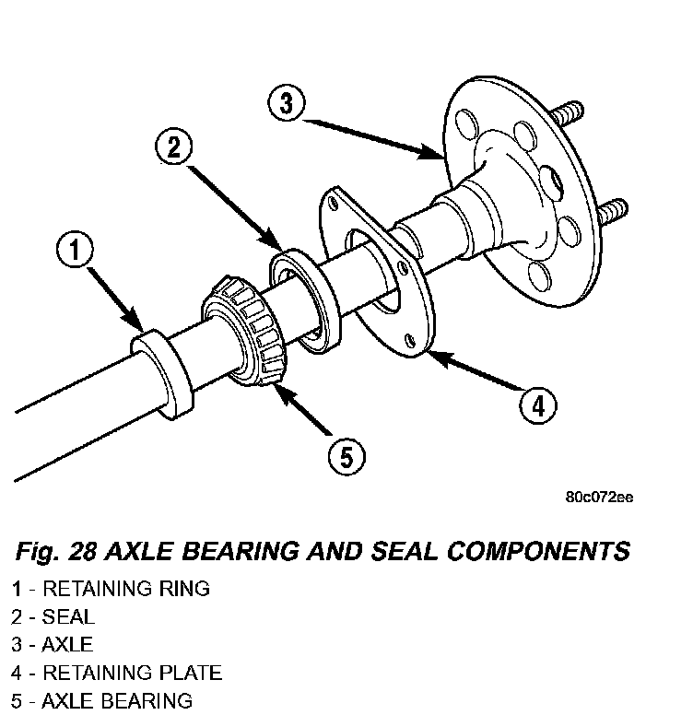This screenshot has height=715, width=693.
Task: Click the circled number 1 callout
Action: point(76,250)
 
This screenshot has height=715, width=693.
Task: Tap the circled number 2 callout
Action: point(173,147)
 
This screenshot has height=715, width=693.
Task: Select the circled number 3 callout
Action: point(287,102)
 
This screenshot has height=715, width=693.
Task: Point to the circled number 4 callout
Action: point(538,405)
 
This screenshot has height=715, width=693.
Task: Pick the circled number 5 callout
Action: point(346,456)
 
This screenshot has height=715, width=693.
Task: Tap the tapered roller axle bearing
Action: point(244,331)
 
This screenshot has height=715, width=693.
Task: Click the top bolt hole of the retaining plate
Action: point(334,203)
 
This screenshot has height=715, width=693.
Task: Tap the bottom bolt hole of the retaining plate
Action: point(410,340)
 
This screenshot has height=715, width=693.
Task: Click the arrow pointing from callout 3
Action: point(373,138)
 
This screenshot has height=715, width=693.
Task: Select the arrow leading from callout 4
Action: point(477,371)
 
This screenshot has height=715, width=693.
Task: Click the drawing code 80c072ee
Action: point(599,497)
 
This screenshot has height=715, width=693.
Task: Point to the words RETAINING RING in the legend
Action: point(126,589)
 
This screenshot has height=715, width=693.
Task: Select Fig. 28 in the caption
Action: point(56,552)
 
